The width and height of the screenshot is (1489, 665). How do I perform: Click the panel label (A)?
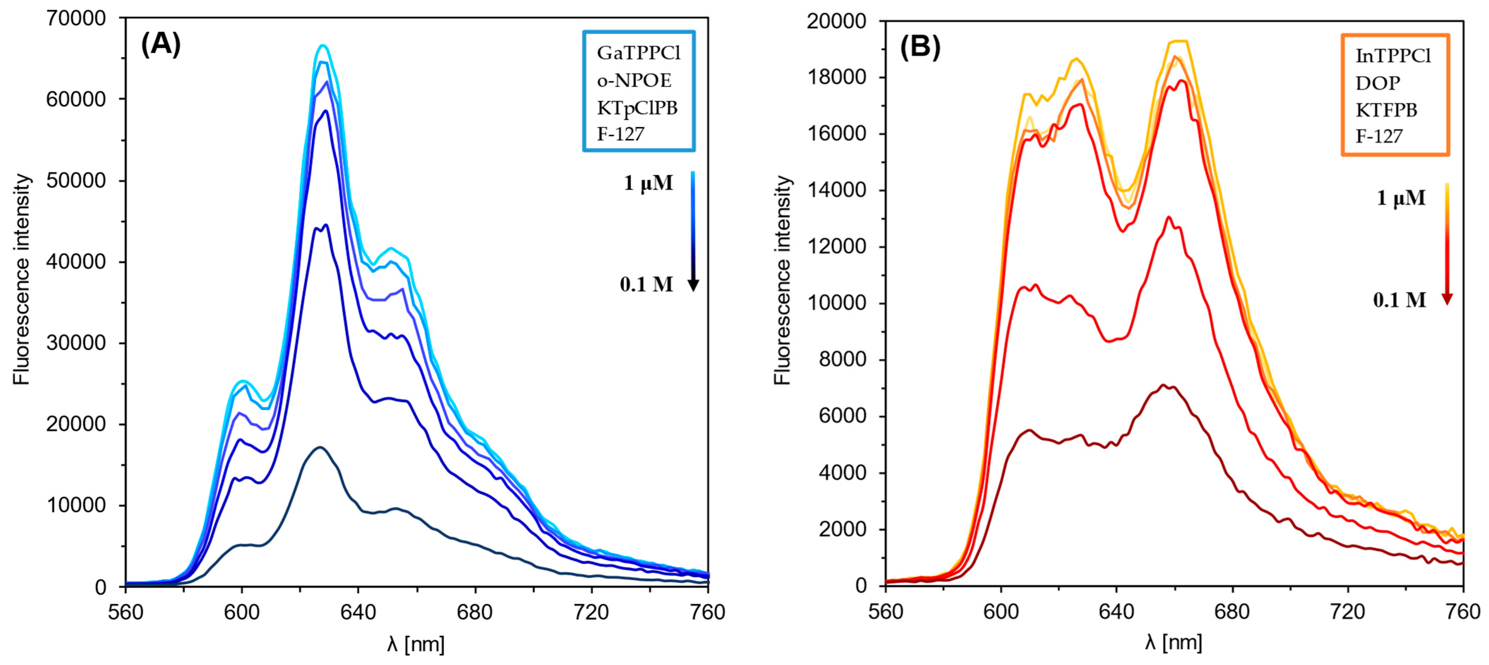[161, 44]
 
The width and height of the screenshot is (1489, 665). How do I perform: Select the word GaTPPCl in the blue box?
[639, 53]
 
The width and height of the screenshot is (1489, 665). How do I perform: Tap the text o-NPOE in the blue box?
[634, 80]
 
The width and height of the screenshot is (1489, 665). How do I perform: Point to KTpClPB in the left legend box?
[637, 108]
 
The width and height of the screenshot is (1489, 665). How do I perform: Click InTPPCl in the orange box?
[1393, 56]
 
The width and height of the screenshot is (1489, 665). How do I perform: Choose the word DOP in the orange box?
[1378, 83]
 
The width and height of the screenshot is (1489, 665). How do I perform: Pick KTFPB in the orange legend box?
[1386, 110]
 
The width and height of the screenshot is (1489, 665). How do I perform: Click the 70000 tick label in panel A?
[76, 18]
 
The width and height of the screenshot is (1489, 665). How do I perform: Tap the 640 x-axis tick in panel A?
[358, 612]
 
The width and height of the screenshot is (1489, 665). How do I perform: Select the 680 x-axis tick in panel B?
[1232, 611]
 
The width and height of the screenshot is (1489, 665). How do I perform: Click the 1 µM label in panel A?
[648, 183]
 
